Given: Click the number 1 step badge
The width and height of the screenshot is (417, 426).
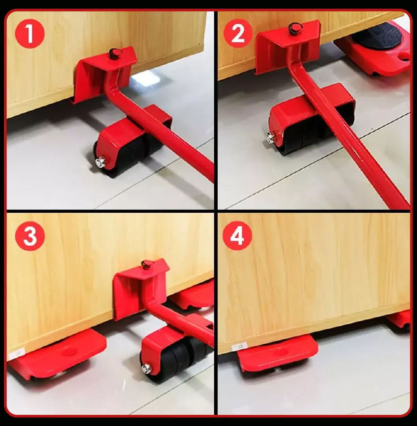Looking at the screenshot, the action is (30, 34).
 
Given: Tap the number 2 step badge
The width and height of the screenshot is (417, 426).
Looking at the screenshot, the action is (238, 34).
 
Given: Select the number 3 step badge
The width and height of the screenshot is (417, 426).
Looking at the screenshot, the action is (30, 235).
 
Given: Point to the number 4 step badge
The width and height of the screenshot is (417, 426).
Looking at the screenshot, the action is (237, 235).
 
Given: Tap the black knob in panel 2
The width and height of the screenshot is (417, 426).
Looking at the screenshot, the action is (295, 28).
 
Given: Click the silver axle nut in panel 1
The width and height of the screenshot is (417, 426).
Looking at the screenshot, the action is (101, 162).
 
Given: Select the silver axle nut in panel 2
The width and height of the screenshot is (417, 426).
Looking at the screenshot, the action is (271, 138).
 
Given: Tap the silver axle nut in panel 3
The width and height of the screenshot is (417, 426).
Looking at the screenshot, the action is (147, 369).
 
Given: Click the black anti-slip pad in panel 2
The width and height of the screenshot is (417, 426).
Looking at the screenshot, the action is (377, 35).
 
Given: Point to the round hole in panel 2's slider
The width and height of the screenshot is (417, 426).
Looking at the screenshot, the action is (404, 57).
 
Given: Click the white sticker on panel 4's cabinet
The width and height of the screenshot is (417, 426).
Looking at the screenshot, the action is (239, 346).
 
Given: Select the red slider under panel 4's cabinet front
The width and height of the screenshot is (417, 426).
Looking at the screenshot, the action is (277, 353).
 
